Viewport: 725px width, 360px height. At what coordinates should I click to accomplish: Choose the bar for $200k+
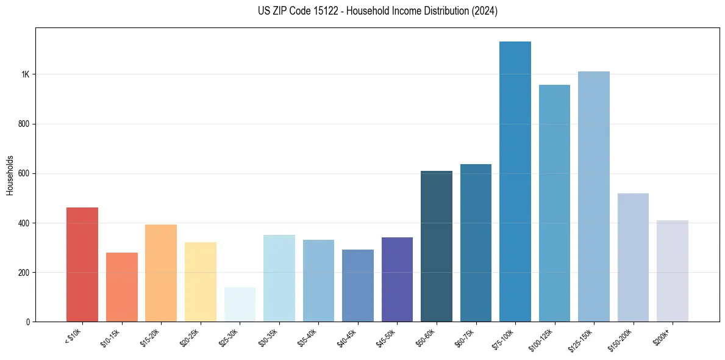click(x=673, y=271)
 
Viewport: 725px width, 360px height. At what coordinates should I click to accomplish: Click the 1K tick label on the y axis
click(x=25, y=74)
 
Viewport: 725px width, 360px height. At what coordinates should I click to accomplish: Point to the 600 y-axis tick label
click(x=23, y=173)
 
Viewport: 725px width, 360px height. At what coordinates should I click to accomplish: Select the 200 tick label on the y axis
click(x=23, y=272)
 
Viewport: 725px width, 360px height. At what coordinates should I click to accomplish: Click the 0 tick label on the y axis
click(x=27, y=322)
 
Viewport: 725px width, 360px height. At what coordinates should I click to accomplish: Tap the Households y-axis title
click(x=10, y=175)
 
